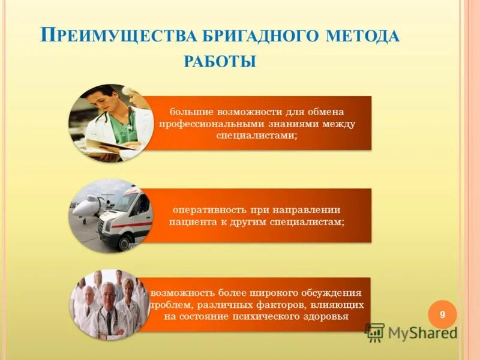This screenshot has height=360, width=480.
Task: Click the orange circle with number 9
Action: click(x=442, y=314)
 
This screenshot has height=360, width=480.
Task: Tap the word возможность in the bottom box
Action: click(x=178, y=293)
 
